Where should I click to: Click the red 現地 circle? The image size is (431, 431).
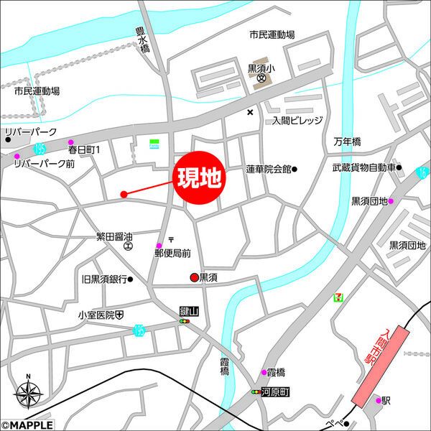coord(198,175)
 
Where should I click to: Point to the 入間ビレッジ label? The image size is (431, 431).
coord(297,121)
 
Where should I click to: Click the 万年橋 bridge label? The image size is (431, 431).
coord(347,142)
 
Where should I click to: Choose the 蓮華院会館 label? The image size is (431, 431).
coord(268,170)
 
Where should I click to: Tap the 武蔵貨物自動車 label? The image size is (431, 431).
coord(363,168)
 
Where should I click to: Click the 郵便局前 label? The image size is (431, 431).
coord(172,253)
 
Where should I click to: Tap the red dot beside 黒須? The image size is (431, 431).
coord(193,277)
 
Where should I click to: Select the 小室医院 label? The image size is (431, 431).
coord(97,315)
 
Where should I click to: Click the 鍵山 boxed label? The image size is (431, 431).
coord(189,312)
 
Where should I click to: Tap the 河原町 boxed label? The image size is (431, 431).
coord(274,392)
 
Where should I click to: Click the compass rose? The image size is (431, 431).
coord(28,393)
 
